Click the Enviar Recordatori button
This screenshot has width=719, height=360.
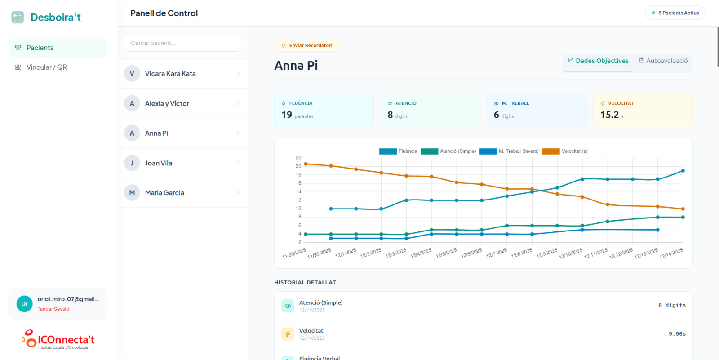[x=307, y=46]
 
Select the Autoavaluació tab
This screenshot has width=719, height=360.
[x=663, y=61]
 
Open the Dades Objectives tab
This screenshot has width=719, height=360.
[x=598, y=61]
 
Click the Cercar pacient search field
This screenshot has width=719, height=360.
[x=182, y=43]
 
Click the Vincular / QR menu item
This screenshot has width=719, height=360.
[x=46, y=67]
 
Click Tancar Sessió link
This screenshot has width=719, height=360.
[x=53, y=309]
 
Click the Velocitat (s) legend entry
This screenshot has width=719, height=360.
[x=565, y=151]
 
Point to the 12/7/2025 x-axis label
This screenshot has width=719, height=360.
[x=497, y=253]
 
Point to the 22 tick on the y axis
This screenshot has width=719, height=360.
[x=298, y=158]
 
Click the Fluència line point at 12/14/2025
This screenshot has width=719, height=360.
[x=683, y=171]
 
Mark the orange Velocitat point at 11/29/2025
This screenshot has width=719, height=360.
[x=306, y=164]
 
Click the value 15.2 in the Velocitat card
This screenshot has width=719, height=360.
[x=609, y=115]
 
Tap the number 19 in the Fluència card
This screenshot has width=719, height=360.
[x=287, y=115]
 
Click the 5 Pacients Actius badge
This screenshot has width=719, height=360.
[x=675, y=13]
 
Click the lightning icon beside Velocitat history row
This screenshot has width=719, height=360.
[x=288, y=334]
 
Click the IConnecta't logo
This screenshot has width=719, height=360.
[x=58, y=340]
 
